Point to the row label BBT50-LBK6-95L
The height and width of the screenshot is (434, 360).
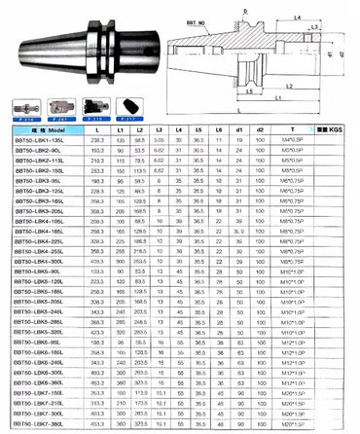click(x=41, y=344)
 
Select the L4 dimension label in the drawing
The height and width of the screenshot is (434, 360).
click(x=296, y=18)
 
